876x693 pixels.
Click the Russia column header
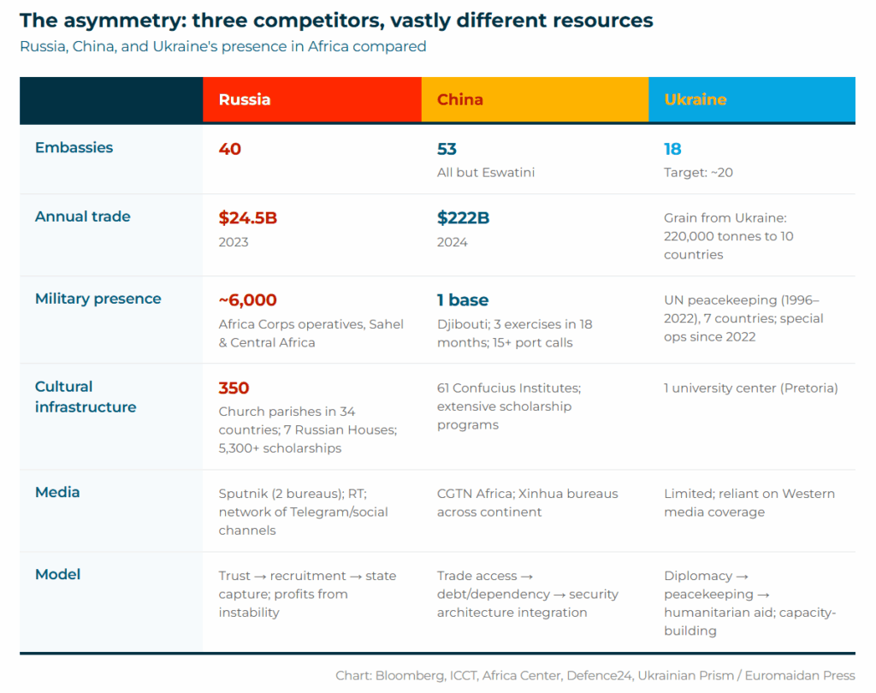[245, 99]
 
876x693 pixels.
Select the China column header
[460, 99]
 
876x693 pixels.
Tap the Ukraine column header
[695, 99]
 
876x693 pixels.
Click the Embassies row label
[74, 147]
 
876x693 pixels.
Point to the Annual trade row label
[82, 216]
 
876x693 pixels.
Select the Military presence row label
[98, 299]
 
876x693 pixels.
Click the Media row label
[57, 492]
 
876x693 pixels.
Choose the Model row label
[57, 574]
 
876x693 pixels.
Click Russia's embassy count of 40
[230, 149]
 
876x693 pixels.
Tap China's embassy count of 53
[447, 149]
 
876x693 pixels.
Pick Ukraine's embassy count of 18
[672, 149]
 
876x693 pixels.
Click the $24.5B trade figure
[248, 218]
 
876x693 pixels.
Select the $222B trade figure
[463, 218]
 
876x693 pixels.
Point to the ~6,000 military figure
[248, 300]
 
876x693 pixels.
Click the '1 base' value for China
[463, 300]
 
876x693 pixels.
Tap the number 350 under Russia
[234, 388]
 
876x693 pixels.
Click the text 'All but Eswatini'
[486, 173]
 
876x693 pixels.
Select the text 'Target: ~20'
[698, 173]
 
